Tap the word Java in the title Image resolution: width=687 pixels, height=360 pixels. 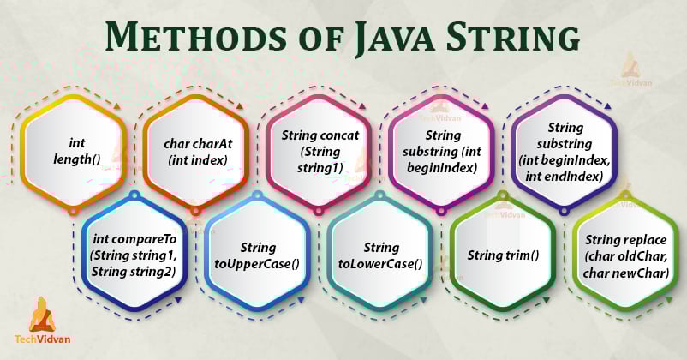pos(385,39)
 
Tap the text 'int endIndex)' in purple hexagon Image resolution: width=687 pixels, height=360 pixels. pos(565,177)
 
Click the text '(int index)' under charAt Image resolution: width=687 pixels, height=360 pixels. pos(196,160)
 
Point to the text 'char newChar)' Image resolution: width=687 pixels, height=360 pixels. pos(625,273)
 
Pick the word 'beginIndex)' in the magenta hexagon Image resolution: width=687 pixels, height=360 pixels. pos(441,168)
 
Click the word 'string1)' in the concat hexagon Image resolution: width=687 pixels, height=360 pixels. pos(319,168)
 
